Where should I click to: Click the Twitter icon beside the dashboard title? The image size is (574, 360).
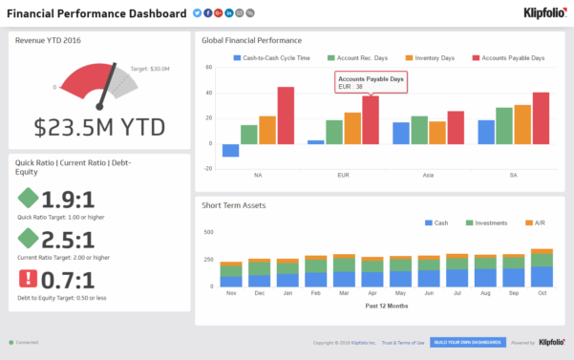pos(197,13)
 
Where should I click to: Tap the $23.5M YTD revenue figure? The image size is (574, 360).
pos(99,126)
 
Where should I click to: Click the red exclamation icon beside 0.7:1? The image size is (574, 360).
pos(29,280)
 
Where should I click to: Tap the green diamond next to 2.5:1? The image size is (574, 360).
pos(29,239)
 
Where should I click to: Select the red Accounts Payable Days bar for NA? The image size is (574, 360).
pos(286,115)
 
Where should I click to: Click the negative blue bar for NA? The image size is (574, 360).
pos(230,150)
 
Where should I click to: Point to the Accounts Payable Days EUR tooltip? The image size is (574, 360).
pos(371,83)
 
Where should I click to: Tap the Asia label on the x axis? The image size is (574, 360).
pos(430,176)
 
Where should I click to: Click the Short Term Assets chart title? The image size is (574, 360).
pos(233,205)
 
